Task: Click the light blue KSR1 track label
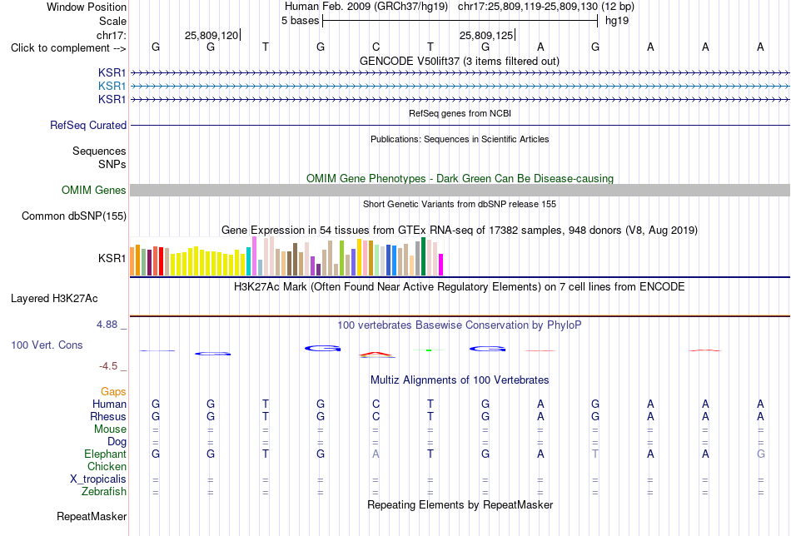(112, 87)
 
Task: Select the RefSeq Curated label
(88, 125)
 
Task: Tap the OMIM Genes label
(94, 190)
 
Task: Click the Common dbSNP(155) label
(74, 216)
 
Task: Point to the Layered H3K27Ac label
(54, 299)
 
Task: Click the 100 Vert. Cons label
(47, 345)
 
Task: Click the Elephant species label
(106, 454)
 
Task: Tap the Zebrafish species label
(104, 491)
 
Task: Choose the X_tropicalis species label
(98, 479)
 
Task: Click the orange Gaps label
(113, 391)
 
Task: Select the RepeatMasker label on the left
(92, 516)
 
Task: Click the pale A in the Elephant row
(376, 454)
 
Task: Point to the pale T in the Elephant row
(595, 454)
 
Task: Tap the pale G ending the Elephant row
(761, 454)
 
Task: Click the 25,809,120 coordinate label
(211, 35)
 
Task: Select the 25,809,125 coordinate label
(485, 35)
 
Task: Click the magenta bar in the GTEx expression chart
(441, 265)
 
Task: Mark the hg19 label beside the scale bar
(617, 21)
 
